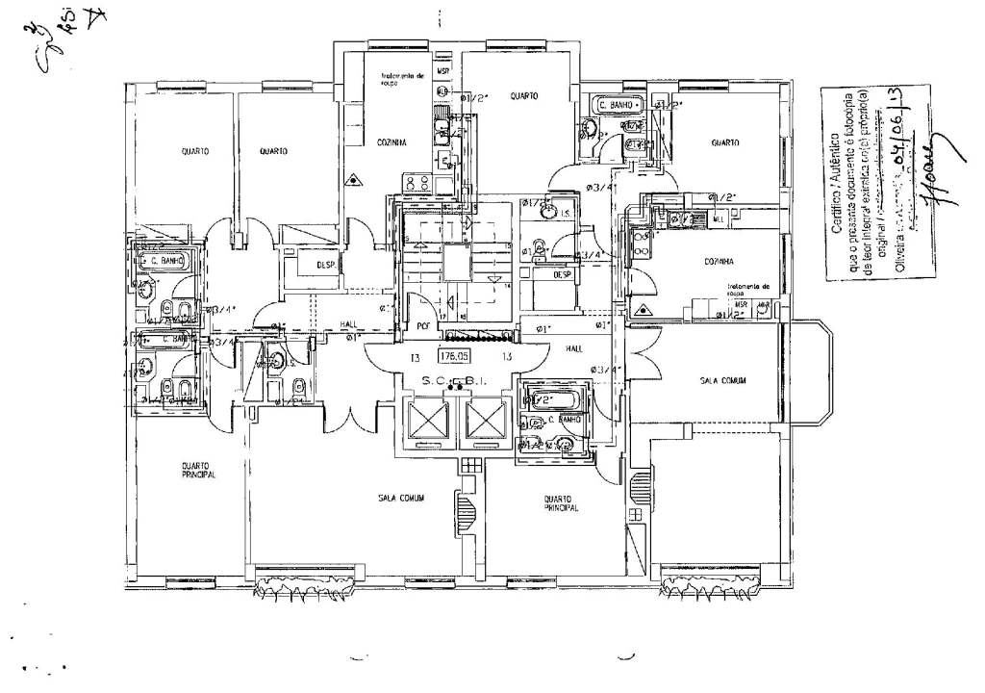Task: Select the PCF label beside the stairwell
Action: click(x=421, y=325)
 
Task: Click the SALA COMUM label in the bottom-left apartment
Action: click(x=401, y=498)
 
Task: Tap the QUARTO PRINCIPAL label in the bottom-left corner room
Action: click(x=198, y=471)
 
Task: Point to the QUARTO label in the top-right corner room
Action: click(x=724, y=142)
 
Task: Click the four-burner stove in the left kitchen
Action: click(x=417, y=183)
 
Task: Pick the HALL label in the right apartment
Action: click(x=574, y=348)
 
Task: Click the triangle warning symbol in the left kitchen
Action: click(x=356, y=178)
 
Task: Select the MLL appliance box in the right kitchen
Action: click(x=718, y=218)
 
